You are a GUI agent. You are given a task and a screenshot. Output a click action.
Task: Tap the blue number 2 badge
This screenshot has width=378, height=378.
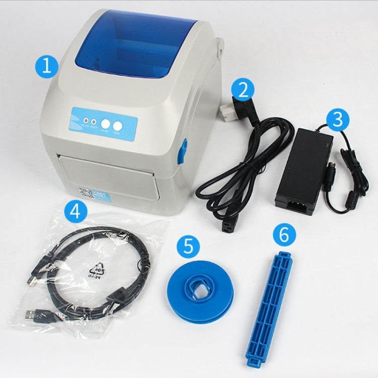pyautogui.click(x=243, y=90)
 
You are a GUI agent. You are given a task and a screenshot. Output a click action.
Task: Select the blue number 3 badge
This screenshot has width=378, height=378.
pyautogui.click(x=337, y=119)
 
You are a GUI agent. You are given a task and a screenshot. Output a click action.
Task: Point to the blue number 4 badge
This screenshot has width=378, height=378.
pyautogui.click(x=75, y=211)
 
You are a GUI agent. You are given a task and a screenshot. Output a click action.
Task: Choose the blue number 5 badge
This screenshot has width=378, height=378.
pyautogui.click(x=188, y=246)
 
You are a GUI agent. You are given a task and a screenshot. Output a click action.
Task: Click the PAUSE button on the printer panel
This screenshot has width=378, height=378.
pyautogui.click(x=105, y=124)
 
